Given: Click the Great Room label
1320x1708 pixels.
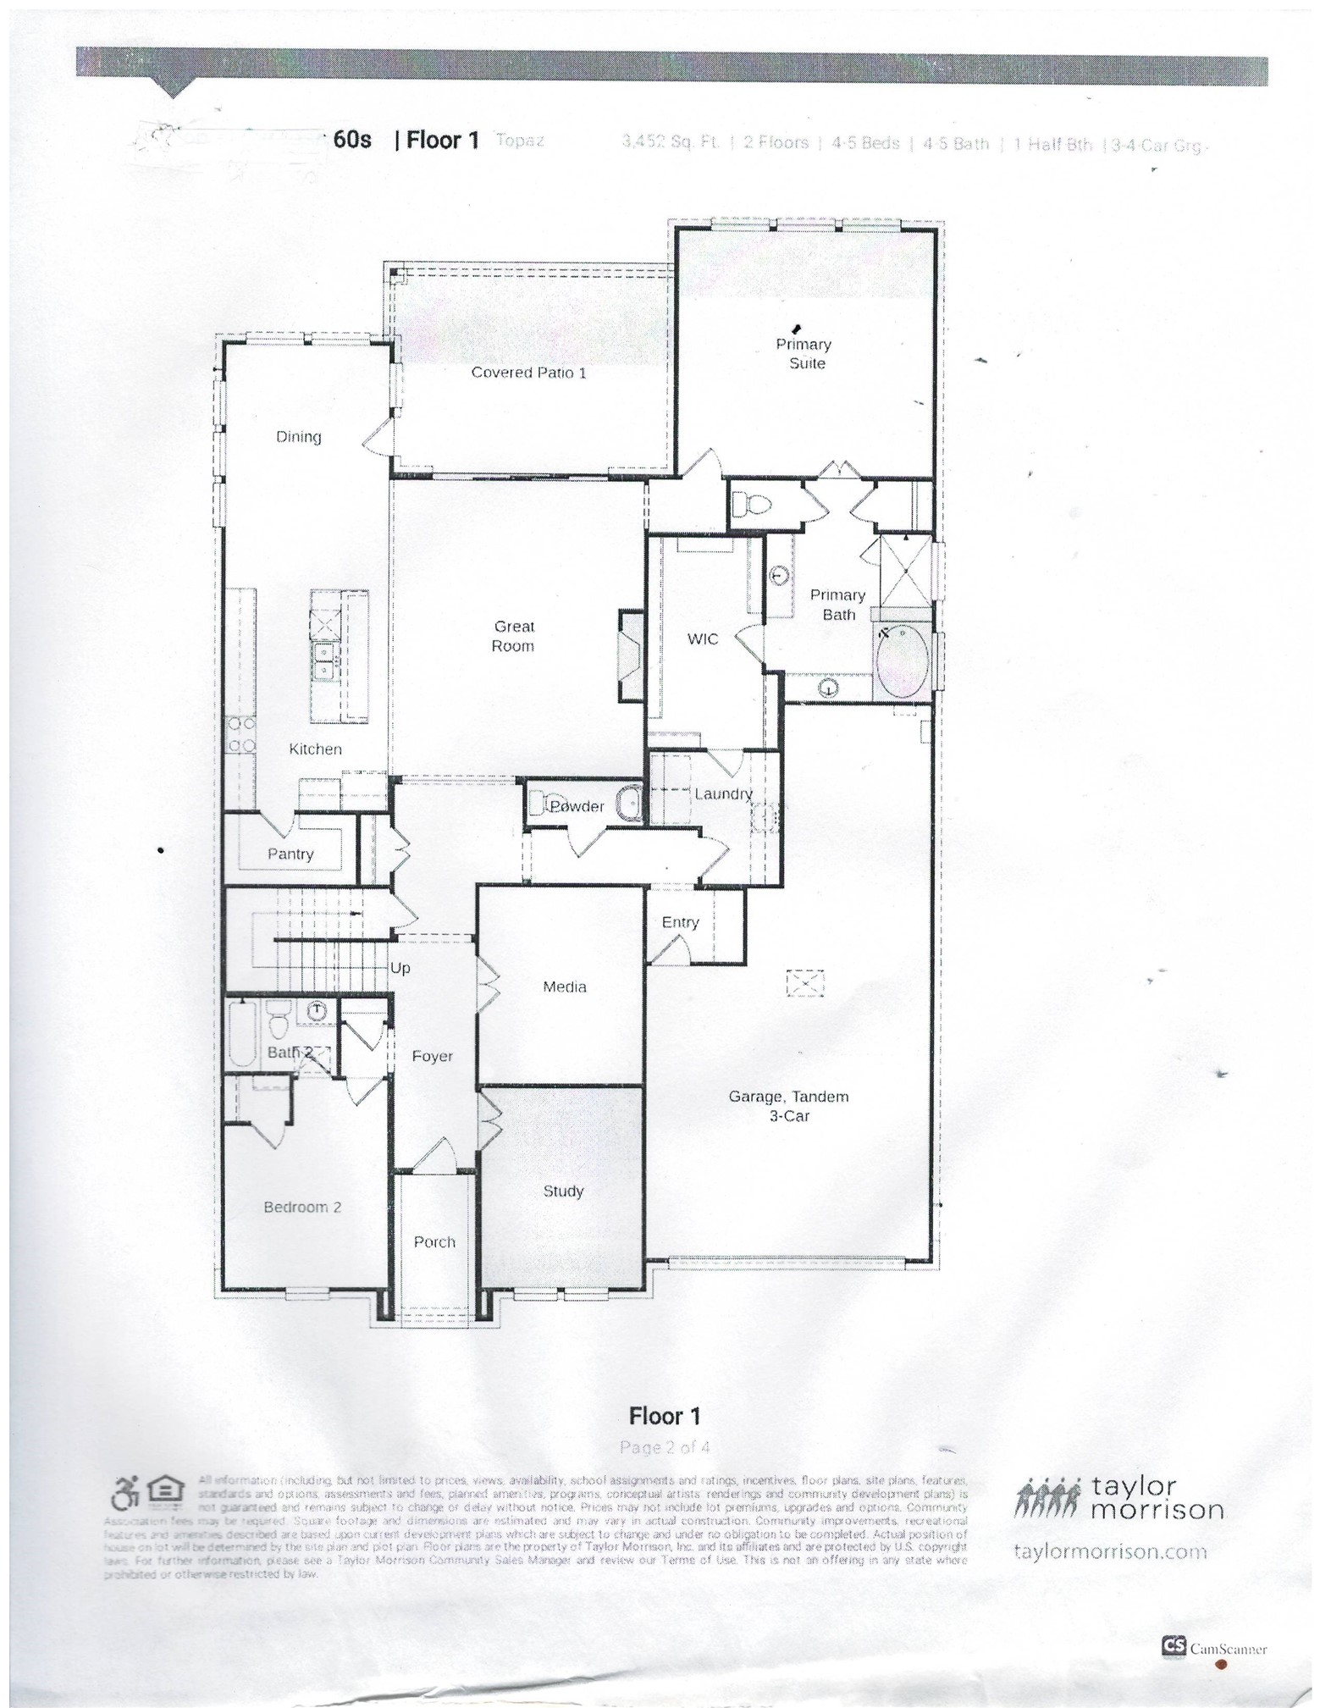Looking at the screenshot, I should (513, 636).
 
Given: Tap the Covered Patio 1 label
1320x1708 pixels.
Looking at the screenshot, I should (528, 373).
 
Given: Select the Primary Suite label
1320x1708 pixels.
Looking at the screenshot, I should (804, 353).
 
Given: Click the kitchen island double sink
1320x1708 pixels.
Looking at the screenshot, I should (326, 661).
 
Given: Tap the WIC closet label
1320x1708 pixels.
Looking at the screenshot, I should (703, 639).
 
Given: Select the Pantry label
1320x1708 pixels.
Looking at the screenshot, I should (290, 854).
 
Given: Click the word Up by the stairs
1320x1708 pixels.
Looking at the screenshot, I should (400, 968).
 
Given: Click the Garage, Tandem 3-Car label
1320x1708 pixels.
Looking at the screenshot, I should (788, 1106).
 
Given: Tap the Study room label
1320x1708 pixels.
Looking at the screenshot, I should (563, 1191).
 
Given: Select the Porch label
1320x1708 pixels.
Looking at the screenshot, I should (434, 1241).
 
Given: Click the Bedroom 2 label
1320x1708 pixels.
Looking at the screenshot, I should (302, 1207).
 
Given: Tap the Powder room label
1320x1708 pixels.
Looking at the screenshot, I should (577, 806).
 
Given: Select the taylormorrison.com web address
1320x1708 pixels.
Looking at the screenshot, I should (1109, 1550).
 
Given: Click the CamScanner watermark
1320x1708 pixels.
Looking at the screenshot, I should (1216, 1649).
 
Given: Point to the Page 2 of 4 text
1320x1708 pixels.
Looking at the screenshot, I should (665, 1446).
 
